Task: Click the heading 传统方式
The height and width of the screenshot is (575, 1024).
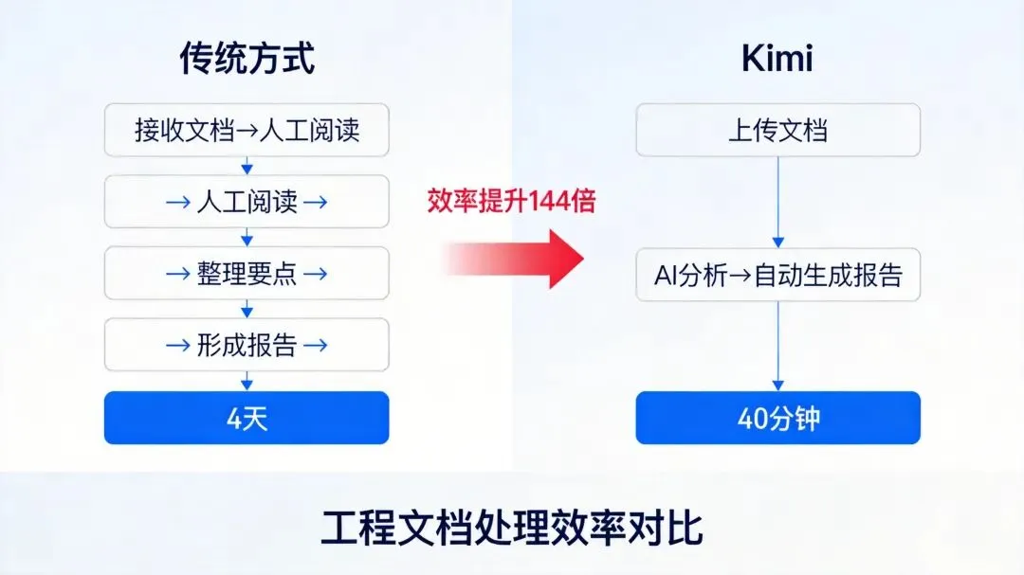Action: click(x=247, y=60)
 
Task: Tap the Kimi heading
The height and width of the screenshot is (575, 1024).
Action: click(x=777, y=59)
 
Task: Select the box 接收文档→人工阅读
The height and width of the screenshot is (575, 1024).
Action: click(x=247, y=130)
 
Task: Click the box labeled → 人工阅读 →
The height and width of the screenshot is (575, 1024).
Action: click(x=247, y=202)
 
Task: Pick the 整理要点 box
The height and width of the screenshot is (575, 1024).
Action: click(x=247, y=274)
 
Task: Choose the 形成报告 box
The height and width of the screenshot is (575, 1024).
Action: click(x=247, y=345)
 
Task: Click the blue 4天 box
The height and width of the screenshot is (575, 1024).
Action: click(x=247, y=418)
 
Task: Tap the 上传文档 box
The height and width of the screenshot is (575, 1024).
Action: click(x=777, y=130)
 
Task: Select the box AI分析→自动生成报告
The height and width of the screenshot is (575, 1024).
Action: click(x=777, y=275)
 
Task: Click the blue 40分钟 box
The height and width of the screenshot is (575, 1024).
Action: click(x=777, y=418)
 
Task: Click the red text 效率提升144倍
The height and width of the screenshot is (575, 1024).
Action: click(x=511, y=201)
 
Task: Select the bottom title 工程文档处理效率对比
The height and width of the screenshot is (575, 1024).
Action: click(x=511, y=528)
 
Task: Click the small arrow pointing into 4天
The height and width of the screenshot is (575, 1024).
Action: click(x=247, y=381)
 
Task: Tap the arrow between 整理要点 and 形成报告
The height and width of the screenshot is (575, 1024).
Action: click(x=247, y=310)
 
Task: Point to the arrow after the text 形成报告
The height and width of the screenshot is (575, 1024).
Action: click(x=316, y=346)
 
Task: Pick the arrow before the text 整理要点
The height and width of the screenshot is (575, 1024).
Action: click(x=178, y=275)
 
